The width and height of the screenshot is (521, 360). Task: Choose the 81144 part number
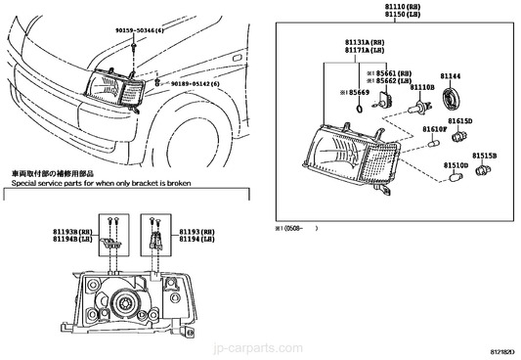[452, 74]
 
